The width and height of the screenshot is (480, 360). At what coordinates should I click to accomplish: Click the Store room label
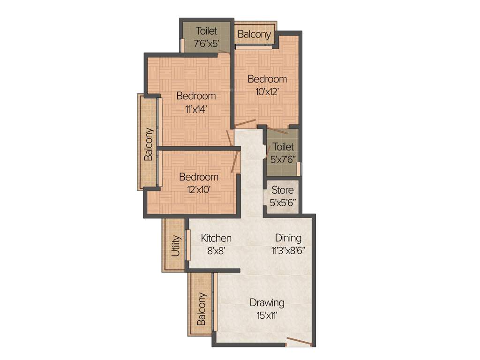click(x=283, y=190)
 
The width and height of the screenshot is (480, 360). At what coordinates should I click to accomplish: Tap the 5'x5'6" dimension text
click(x=283, y=203)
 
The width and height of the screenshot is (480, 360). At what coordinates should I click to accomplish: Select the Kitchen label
click(x=216, y=238)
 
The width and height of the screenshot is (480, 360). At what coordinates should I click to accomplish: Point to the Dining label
click(x=288, y=238)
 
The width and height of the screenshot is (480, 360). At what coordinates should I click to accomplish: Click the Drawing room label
click(x=267, y=302)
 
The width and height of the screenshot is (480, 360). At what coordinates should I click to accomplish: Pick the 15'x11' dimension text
click(x=267, y=315)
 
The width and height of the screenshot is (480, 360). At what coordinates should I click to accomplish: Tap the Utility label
click(x=176, y=245)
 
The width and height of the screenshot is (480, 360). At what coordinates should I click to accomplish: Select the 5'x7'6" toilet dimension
click(x=283, y=159)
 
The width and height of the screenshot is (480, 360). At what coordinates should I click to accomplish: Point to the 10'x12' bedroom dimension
click(x=267, y=92)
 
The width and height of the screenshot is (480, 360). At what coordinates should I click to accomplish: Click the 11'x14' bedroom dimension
click(x=196, y=109)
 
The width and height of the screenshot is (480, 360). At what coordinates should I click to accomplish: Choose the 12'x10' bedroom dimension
click(x=198, y=190)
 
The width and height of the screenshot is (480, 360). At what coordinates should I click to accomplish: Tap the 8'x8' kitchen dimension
click(x=216, y=251)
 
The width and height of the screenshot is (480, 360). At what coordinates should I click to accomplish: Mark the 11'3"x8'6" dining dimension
click(x=288, y=251)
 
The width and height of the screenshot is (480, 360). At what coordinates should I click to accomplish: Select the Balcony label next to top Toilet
click(x=254, y=34)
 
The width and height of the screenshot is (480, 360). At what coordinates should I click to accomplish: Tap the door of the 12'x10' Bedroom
click(x=236, y=162)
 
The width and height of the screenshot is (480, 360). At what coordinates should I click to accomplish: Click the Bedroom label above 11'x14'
click(x=196, y=96)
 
